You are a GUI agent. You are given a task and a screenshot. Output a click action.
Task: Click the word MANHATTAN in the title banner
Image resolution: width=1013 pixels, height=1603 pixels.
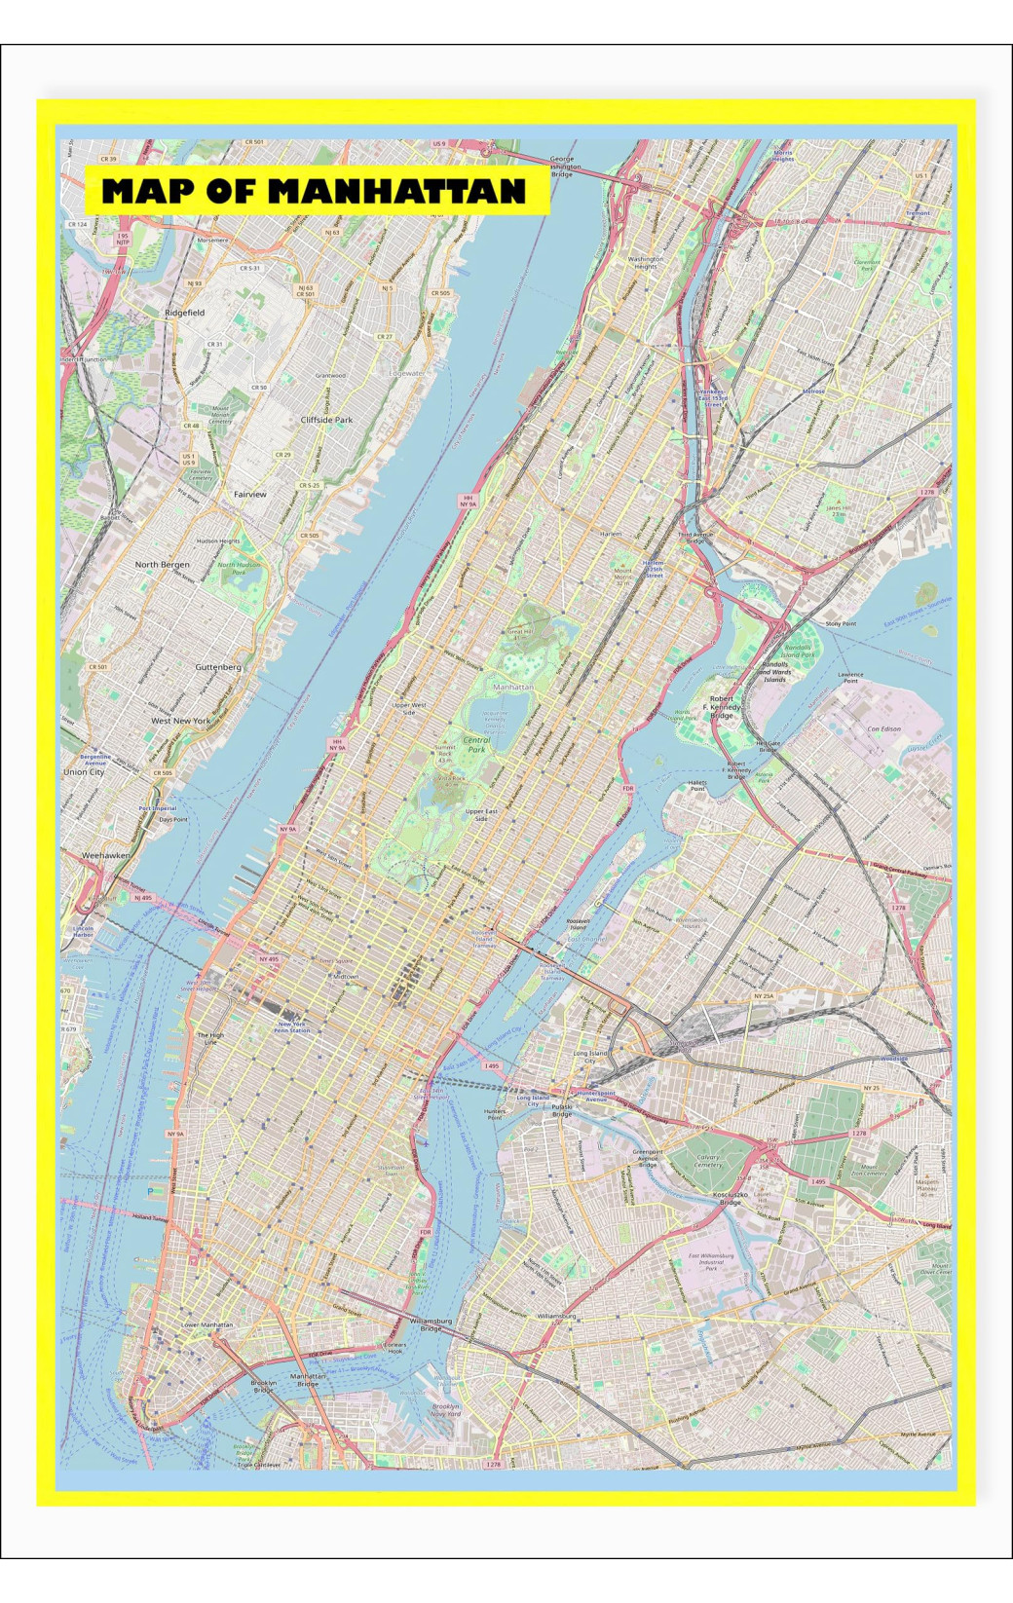coord(396,191)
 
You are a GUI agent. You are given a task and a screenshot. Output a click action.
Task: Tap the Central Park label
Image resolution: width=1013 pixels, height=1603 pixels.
coord(475,745)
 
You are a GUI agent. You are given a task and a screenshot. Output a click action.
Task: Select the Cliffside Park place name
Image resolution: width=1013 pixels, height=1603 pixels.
coord(326,420)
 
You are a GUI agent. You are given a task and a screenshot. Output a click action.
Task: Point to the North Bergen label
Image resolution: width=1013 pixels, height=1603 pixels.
coord(163,565)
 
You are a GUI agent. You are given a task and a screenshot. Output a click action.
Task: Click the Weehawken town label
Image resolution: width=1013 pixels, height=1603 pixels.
coord(105,855)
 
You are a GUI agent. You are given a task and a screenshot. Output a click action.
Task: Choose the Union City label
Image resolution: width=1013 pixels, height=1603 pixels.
coord(84,771)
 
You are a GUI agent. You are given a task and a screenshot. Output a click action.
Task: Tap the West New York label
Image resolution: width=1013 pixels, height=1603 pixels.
coord(180,721)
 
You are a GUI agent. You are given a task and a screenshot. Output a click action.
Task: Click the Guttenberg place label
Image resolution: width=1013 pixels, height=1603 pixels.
coord(218,667)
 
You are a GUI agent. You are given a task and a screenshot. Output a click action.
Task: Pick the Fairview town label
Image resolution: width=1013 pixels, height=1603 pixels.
coord(250,495)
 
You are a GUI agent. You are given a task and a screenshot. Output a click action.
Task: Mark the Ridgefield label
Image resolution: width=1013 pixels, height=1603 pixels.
coord(185,313)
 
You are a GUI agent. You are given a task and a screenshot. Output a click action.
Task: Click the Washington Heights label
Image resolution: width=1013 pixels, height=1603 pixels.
coord(646,263)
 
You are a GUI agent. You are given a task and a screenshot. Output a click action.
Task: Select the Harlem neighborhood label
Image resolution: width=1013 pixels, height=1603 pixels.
coord(611,535)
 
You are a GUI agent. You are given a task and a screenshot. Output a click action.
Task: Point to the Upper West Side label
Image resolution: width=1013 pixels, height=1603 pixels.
coord(409,708)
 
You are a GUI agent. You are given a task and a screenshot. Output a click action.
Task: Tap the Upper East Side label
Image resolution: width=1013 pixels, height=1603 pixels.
coord(481,814)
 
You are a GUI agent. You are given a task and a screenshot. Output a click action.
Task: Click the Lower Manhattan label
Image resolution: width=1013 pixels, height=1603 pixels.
coord(207,1324)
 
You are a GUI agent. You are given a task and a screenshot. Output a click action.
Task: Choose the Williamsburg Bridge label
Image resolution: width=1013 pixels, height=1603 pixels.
coord(431,1324)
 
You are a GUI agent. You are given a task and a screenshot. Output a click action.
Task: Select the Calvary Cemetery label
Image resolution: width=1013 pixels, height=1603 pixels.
coord(708,1160)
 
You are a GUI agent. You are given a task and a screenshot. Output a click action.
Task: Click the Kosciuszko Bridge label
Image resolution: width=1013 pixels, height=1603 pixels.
coord(730,1198)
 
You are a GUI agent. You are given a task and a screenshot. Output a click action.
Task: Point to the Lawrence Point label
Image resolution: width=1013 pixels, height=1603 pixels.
coord(850,677)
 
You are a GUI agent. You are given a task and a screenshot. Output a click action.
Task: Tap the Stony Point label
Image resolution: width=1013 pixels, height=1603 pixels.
coord(841,623)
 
